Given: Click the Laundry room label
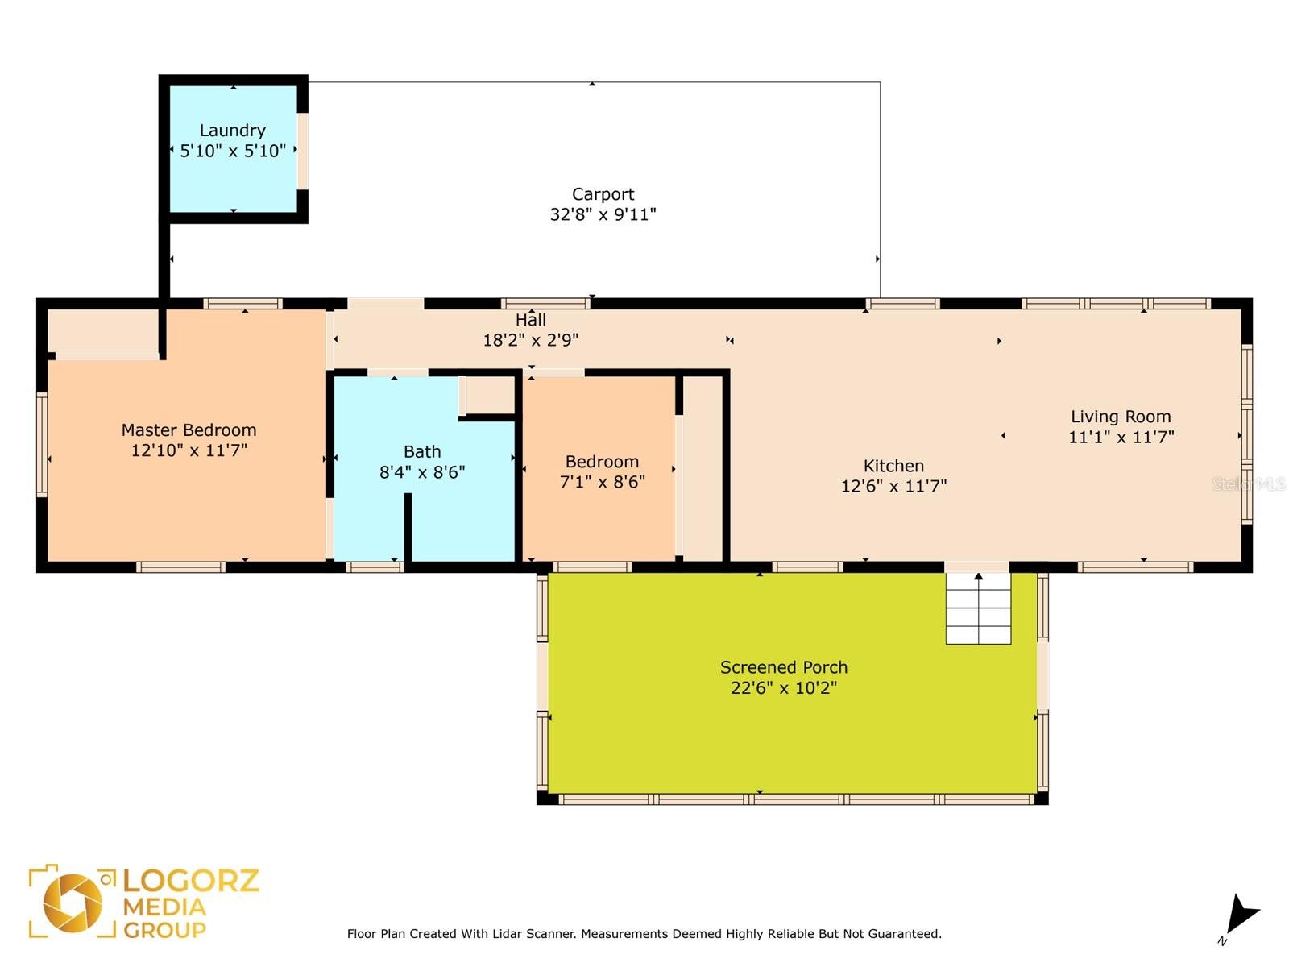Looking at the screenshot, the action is click(233, 131).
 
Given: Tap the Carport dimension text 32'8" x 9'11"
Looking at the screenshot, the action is click(603, 214).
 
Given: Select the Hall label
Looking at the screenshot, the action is click(530, 320).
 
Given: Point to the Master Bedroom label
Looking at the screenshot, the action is click(189, 430).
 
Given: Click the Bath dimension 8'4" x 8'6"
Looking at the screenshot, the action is click(421, 472).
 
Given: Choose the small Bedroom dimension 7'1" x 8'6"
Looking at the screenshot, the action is click(602, 481).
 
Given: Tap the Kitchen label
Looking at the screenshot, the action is click(893, 466).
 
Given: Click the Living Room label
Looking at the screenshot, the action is click(1121, 417).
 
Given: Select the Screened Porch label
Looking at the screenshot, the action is click(783, 667).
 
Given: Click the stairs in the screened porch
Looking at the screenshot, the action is click(978, 608).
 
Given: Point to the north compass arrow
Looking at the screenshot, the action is click(1243, 915).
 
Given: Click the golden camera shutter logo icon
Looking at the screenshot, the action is click(73, 903).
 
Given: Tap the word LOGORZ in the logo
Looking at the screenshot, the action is click(191, 881).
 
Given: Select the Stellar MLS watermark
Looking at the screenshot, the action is click(1249, 483).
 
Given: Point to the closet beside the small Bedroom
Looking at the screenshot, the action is click(703, 468).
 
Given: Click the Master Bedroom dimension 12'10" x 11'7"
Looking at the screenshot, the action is click(189, 450).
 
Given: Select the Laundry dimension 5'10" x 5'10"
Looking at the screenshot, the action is click(233, 151).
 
